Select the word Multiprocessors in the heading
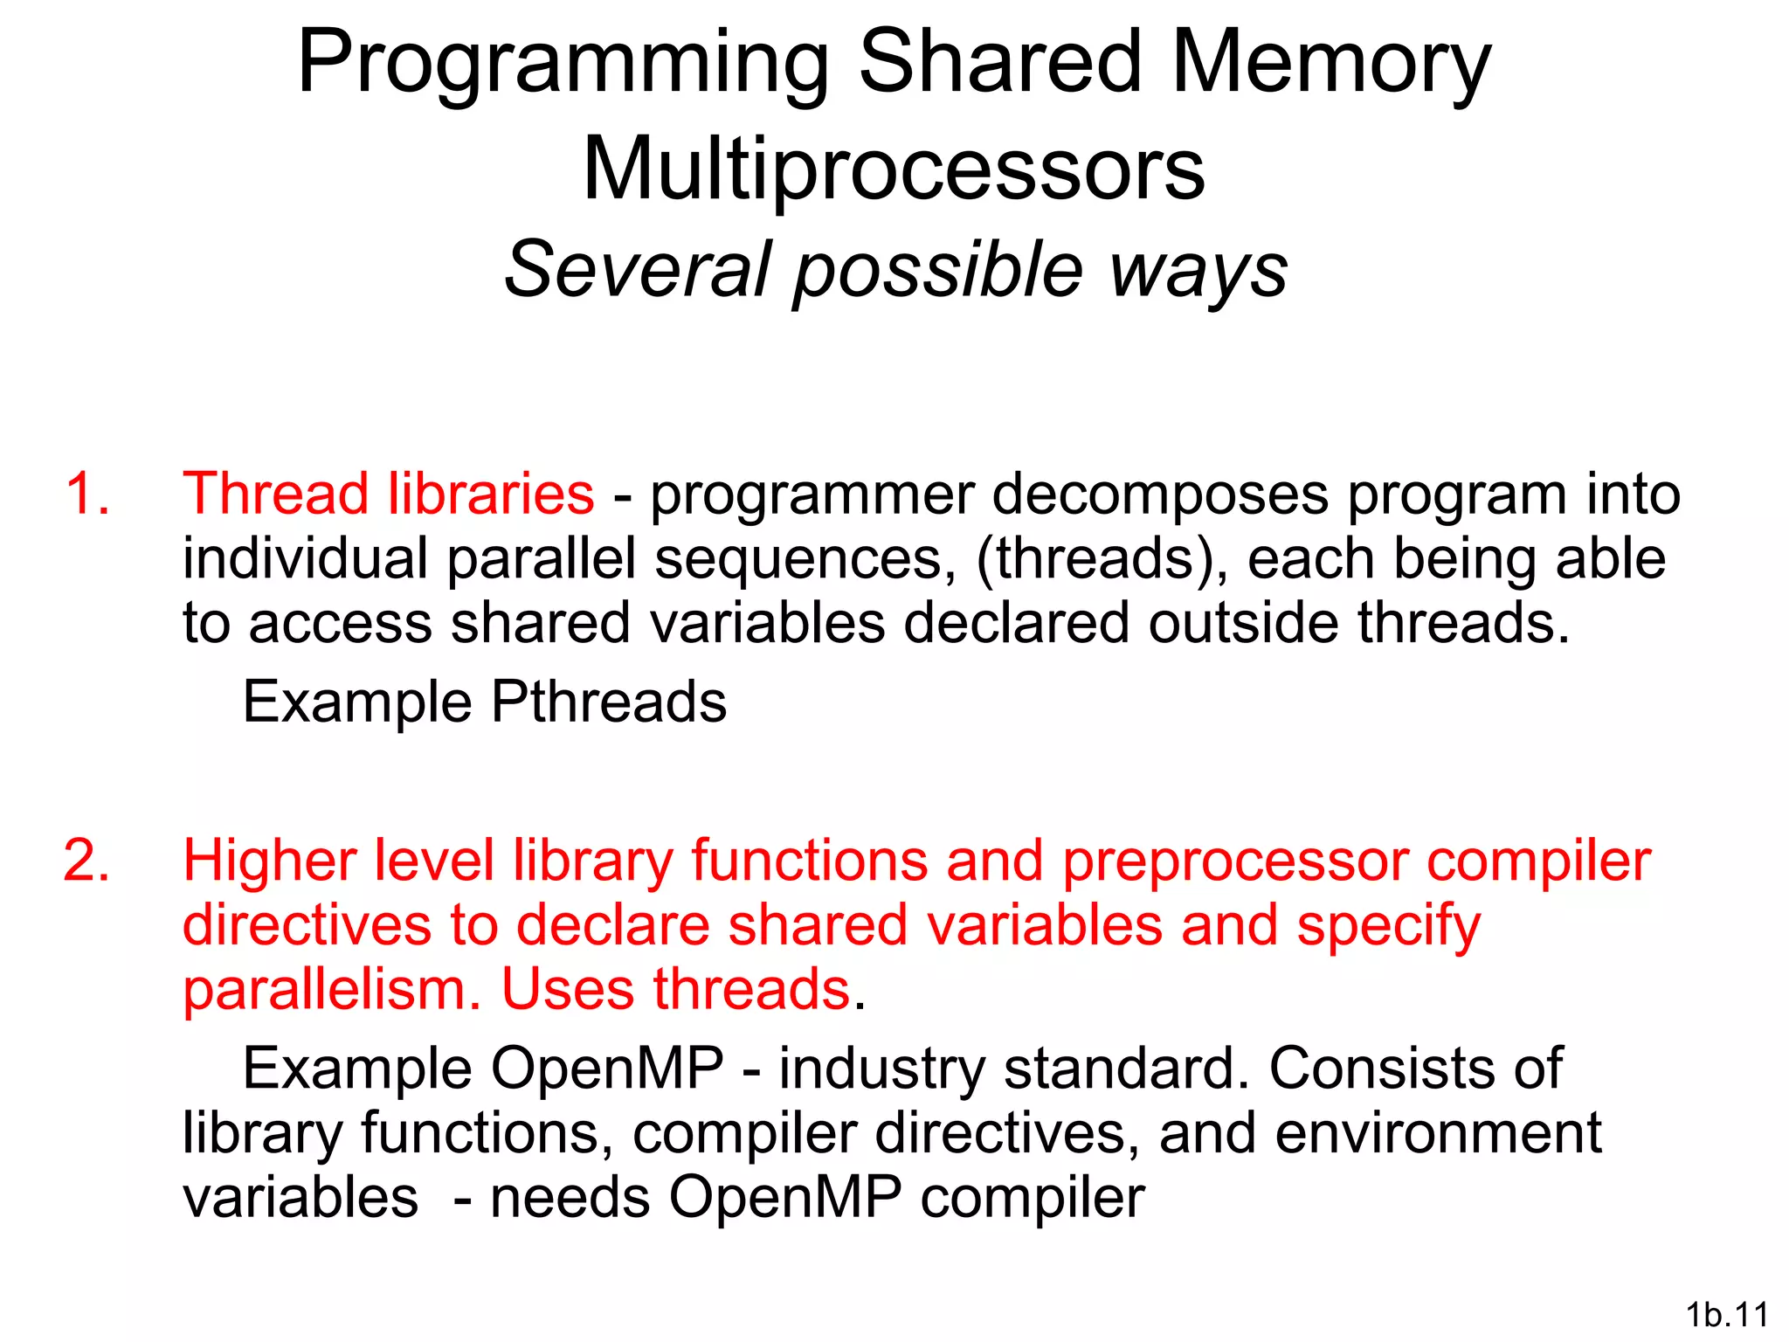click(894, 169)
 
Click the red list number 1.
click(87, 494)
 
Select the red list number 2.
click(87, 861)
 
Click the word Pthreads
click(608, 702)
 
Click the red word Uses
click(567, 990)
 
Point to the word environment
click(1438, 1133)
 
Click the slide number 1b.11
click(1727, 1314)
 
